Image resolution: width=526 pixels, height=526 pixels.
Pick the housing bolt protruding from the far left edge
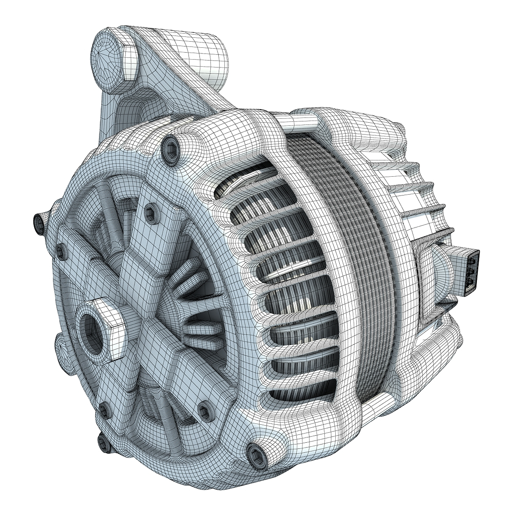(39, 222)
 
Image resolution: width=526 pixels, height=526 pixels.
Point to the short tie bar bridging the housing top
(302, 122)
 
